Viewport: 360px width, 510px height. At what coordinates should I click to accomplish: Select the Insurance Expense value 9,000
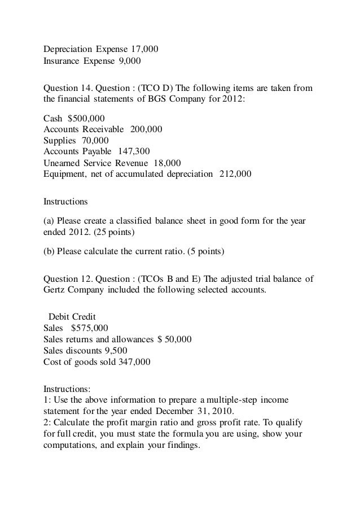pos(129,60)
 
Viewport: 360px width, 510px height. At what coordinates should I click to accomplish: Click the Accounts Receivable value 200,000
pos(146,129)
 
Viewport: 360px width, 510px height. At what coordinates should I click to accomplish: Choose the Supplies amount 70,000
pos(94,141)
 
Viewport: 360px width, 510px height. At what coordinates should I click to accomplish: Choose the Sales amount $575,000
pos(90,328)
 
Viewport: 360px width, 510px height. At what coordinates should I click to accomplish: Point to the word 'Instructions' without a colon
pos(65,200)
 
